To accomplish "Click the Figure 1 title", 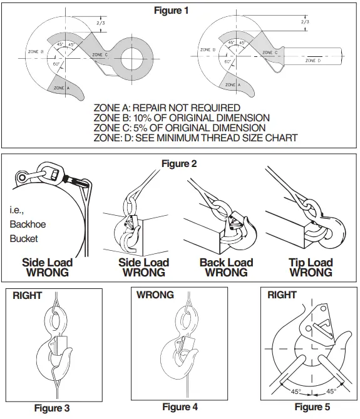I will pos(180,11).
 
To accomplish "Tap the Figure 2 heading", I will pos(179,164).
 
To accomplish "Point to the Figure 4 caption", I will pos(180,406).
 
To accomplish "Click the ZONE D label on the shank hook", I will pos(313,61).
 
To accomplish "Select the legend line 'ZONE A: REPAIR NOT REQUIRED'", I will pos(167,108).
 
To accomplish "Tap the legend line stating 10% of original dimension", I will pos(182,118).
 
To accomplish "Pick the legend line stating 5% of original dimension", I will pos(179,128).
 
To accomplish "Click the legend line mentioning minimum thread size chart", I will pos(195,138).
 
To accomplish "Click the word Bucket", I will pos(24,238).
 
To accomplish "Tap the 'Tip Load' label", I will pos(311,262).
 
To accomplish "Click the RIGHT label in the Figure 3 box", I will pos(27,296).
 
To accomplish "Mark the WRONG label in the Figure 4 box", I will pos(155,295).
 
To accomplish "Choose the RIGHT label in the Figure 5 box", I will pos(282,295).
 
